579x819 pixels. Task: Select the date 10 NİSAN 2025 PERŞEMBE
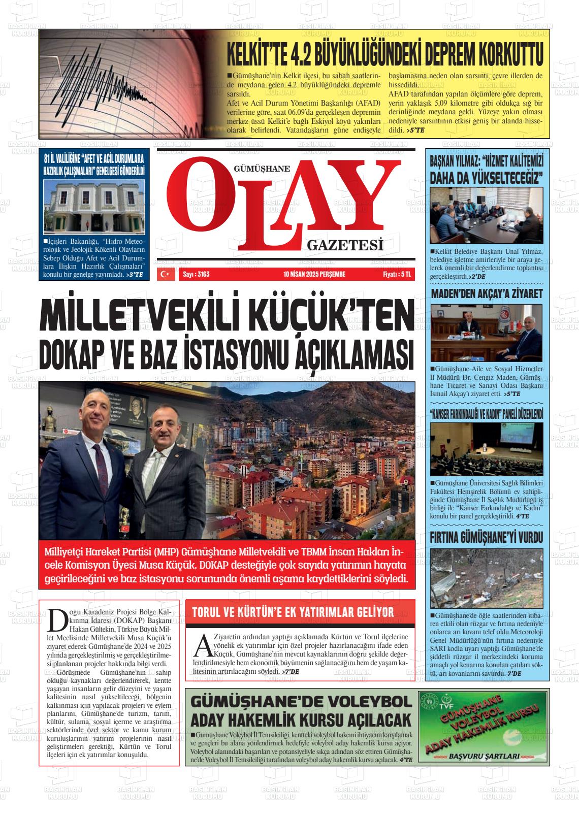click(314, 274)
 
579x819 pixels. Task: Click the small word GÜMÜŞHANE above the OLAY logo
click(262, 170)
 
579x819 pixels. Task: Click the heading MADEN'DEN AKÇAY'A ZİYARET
click(487, 293)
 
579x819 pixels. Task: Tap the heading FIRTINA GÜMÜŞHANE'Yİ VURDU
click(487, 537)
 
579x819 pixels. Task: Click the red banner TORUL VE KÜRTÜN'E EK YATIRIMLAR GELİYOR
click(293, 612)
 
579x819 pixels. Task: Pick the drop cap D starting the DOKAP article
click(56, 618)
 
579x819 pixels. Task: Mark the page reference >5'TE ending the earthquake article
click(416, 130)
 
